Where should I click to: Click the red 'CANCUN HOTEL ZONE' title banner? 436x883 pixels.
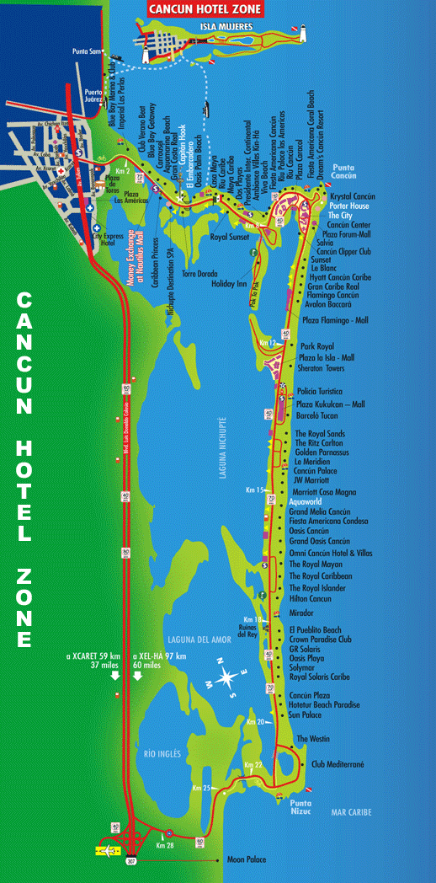pos(205,9)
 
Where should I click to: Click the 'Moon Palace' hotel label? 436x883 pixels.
pos(247,860)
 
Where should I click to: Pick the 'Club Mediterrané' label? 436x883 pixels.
pos(338,764)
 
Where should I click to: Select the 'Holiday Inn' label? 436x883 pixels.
pos(229,284)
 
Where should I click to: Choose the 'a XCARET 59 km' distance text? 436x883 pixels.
pos(92,656)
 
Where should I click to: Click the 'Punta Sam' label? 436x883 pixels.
pos(86,51)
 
